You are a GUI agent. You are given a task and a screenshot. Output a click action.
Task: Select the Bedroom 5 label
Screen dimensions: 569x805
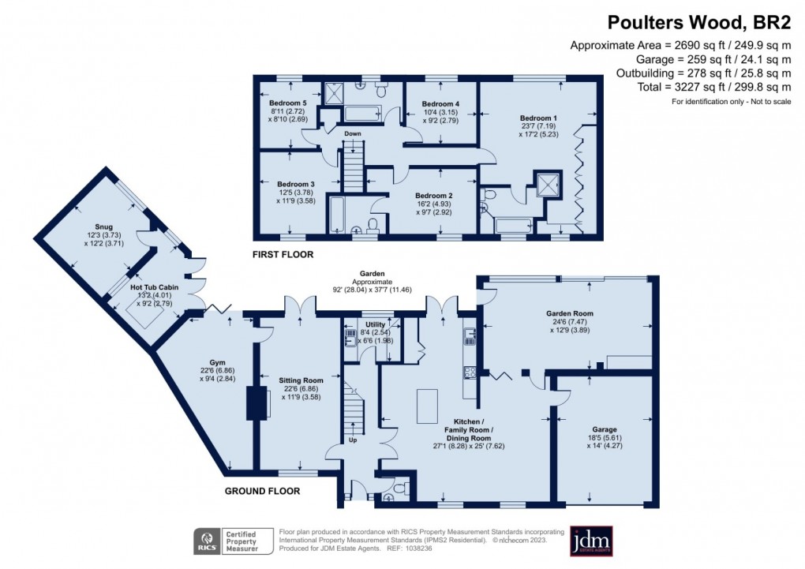287,103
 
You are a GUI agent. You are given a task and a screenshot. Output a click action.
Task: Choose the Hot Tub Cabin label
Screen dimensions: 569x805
155,287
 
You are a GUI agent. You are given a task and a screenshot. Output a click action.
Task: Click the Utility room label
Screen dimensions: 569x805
375,324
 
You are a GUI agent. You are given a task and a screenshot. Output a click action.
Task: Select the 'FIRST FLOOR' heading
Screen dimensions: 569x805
283,255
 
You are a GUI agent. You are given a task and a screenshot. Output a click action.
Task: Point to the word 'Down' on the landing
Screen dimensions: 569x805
353,133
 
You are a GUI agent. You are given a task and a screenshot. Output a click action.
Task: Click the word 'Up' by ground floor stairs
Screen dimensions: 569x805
353,440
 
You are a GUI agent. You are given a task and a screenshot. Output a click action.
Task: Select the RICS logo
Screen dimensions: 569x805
208,541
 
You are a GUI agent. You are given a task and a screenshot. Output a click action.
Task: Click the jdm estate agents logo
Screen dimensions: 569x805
591,541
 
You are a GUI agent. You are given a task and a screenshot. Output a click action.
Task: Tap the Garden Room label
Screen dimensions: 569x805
570,313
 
